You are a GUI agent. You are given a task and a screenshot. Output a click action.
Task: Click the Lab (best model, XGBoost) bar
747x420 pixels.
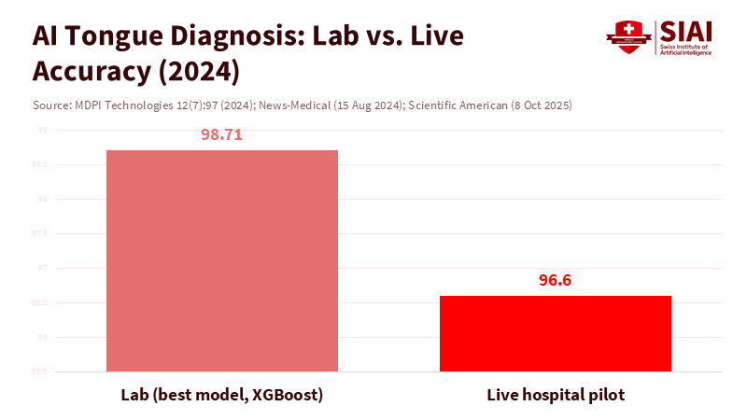[x=222, y=260]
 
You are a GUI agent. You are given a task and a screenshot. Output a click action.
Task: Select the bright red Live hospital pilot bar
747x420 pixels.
[x=556, y=333]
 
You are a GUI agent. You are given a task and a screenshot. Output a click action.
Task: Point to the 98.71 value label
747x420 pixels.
[x=221, y=134]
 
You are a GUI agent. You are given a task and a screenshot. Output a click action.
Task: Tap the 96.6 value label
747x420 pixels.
[x=556, y=280]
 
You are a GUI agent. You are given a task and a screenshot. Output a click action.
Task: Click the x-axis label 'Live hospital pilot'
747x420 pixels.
[x=556, y=395]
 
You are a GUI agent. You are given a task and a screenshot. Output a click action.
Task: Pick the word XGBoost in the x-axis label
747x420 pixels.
[x=284, y=395]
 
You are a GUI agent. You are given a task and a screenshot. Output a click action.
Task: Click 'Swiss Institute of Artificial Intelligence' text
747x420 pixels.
[x=685, y=49]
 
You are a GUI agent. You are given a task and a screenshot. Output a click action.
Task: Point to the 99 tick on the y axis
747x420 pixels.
[x=43, y=130]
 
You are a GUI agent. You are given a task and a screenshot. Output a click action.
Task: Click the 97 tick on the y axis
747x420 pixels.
[x=43, y=268]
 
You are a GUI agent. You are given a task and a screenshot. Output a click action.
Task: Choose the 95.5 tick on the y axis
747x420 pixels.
[x=41, y=371]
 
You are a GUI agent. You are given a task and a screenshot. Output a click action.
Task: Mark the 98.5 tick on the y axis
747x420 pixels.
[x=41, y=164]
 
